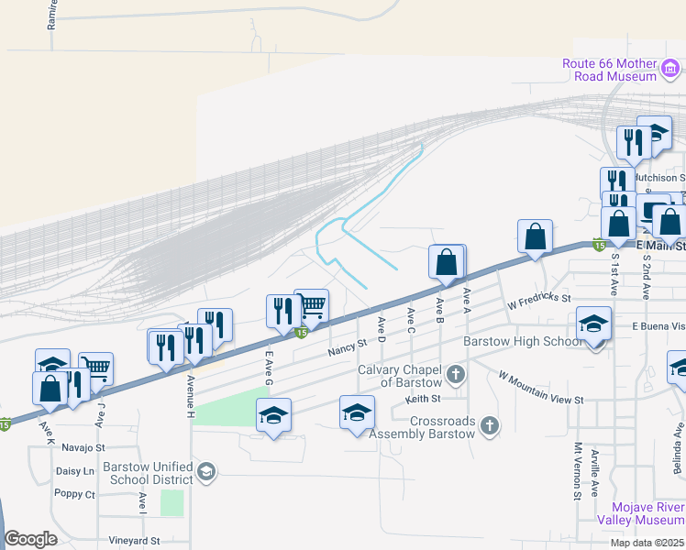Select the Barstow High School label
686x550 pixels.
(x=520, y=341)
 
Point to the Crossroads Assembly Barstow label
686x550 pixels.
(x=429, y=427)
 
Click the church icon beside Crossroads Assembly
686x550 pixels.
(x=491, y=426)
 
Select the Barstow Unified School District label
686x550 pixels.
(x=151, y=473)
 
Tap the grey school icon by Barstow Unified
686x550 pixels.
(x=206, y=472)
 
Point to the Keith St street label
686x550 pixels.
(x=424, y=399)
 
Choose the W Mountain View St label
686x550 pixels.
(x=541, y=388)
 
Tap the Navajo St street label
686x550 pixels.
(x=83, y=448)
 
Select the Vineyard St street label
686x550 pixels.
(x=134, y=541)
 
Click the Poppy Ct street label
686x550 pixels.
(x=74, y=494)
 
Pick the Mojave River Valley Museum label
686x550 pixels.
(x=640, y=520)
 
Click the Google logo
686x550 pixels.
(x=30, y=539)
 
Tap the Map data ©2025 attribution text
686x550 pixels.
(x=647, y=543)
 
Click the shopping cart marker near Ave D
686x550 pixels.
(x=313, y=306)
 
